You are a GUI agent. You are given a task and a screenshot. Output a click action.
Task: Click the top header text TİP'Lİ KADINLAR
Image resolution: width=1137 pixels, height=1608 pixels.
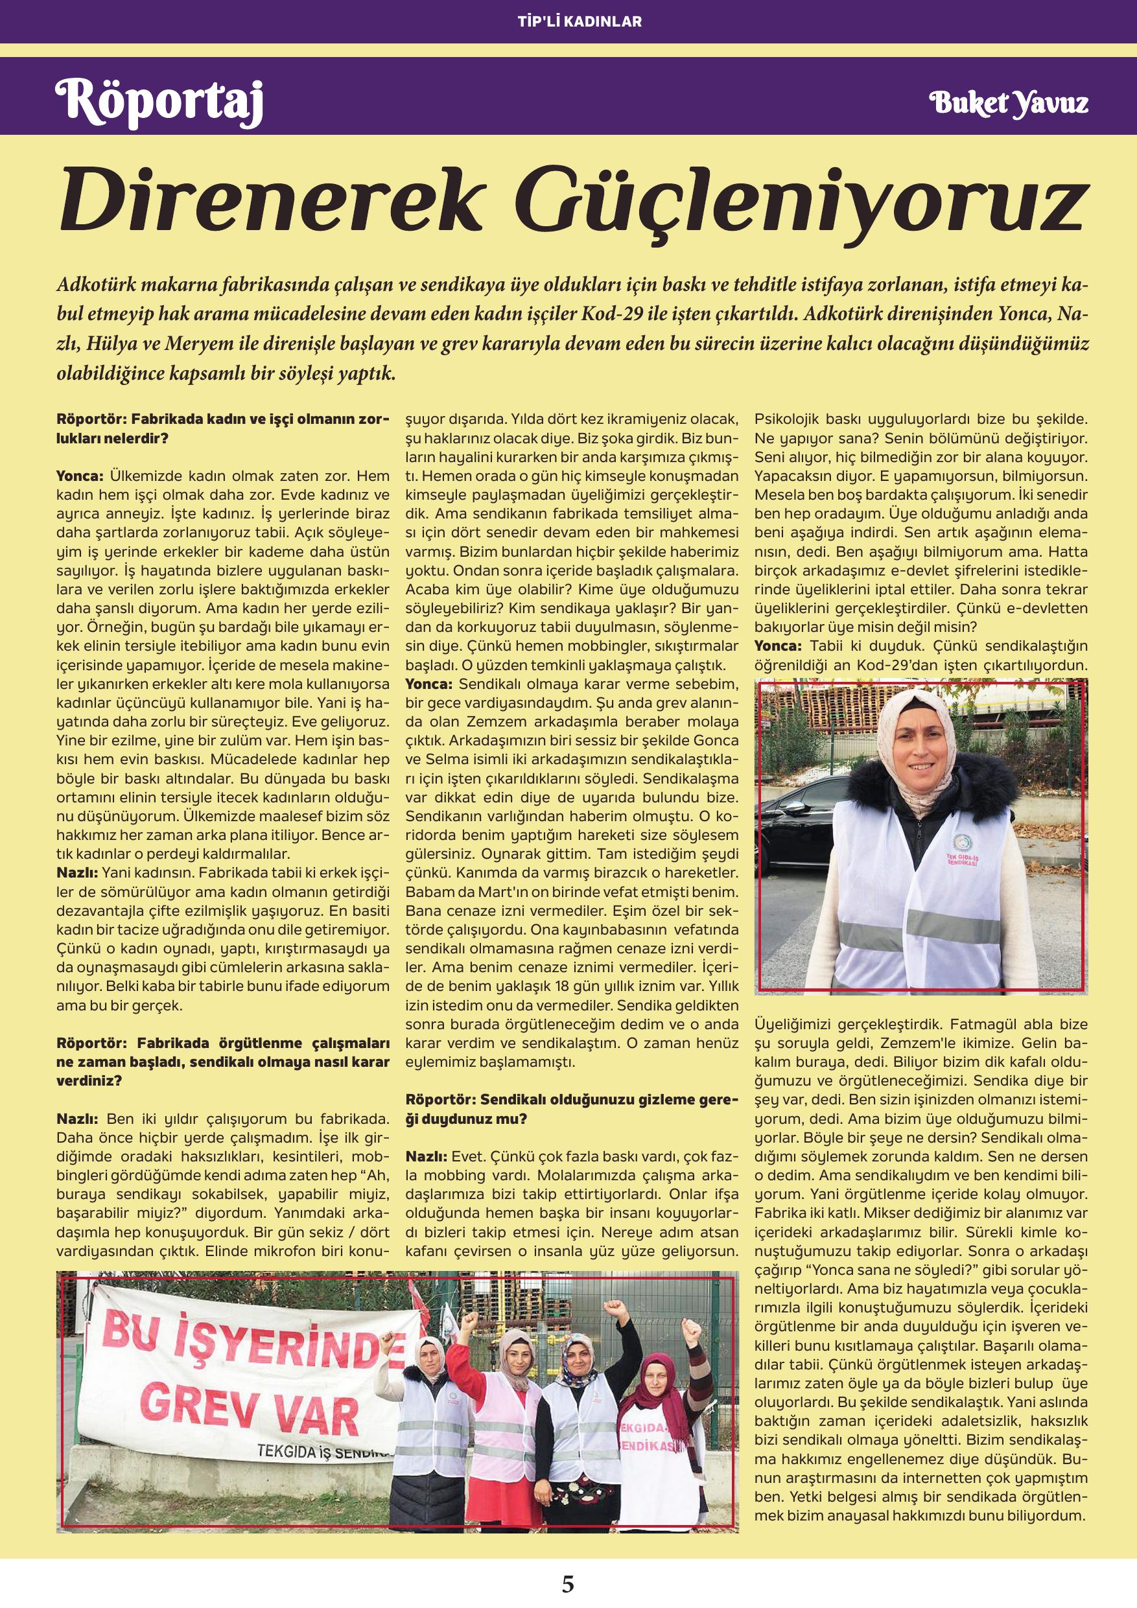(x=568, y=21)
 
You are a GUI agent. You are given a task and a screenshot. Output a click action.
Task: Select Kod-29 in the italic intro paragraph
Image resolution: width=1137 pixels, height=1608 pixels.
(x=607, y=312)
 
